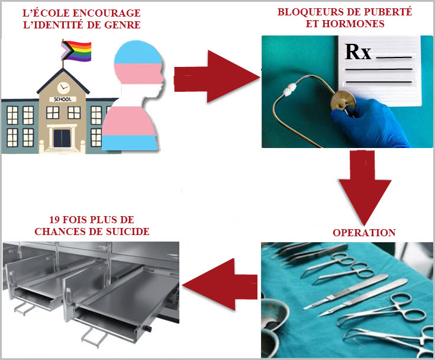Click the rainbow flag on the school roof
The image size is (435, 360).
click(76, 49)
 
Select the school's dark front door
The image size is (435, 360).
click(61, 138)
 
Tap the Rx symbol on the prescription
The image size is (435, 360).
click(358, 53)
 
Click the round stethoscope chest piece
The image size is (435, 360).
click(340, 99)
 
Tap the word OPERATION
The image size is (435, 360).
click(363, 233)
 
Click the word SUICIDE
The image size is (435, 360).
click(124, 231)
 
